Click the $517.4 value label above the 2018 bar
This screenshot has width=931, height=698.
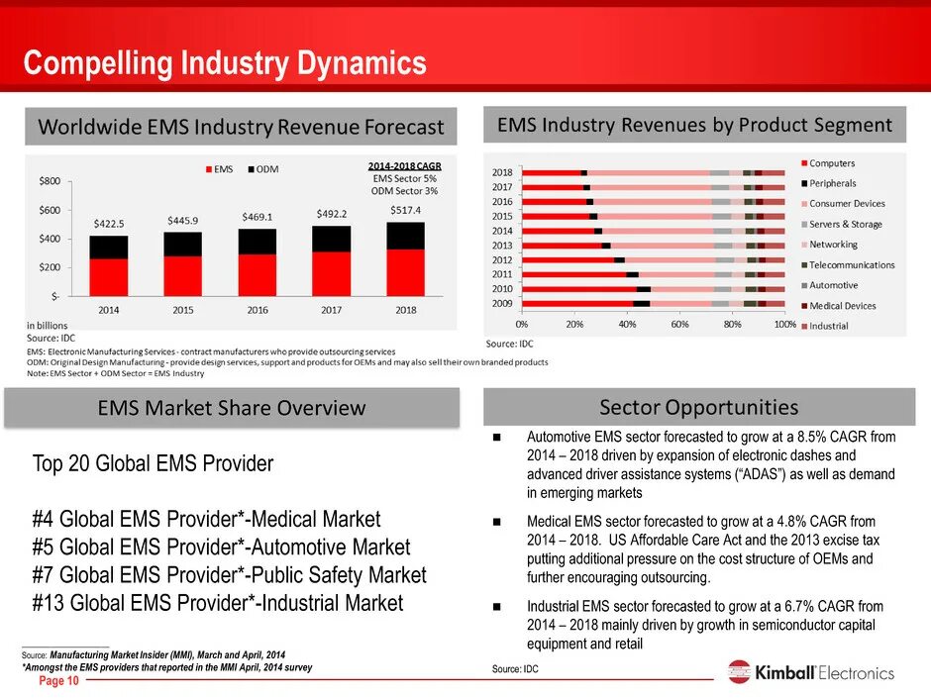[405, 211]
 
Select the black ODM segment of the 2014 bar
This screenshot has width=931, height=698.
[109, 247]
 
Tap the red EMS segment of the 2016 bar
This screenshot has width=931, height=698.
[258, 274]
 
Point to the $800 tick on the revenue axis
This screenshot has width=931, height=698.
[50, 181]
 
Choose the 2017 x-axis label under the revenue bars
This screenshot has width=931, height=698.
[332, 310]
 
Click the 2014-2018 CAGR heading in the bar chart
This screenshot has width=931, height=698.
[404, 165]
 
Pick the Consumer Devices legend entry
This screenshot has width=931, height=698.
[847, 204]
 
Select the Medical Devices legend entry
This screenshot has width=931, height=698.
[842, 306]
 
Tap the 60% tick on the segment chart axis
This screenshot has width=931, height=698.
[679, 324]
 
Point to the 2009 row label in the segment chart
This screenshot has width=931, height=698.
[502, 303]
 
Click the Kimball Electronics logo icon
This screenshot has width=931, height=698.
[739, 672]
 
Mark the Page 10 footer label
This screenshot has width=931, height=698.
[58, 682]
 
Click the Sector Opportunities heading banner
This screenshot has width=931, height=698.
[698, 407]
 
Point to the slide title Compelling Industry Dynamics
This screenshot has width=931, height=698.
[225, 64]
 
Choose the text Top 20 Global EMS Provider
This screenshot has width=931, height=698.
[153, 463]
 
